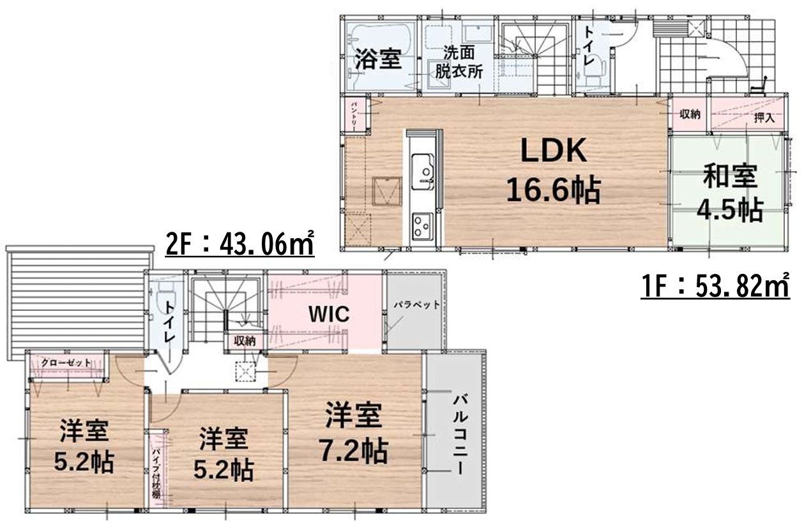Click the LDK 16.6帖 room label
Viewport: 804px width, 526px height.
click(x=553, y=171)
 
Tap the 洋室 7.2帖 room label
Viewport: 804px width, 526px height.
click(x=353, y=434)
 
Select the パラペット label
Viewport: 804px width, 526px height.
click(x=416, y=305)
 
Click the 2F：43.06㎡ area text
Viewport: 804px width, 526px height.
click(x=240, y=243)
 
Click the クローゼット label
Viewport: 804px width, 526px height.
click(x=66, y=363)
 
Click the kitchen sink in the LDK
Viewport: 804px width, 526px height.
click(x=423, y=170)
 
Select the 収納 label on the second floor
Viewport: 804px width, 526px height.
click(x=244, y=342)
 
